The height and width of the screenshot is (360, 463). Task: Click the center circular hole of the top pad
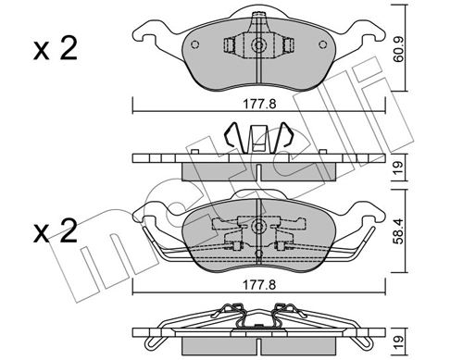[x=259, y=46]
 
